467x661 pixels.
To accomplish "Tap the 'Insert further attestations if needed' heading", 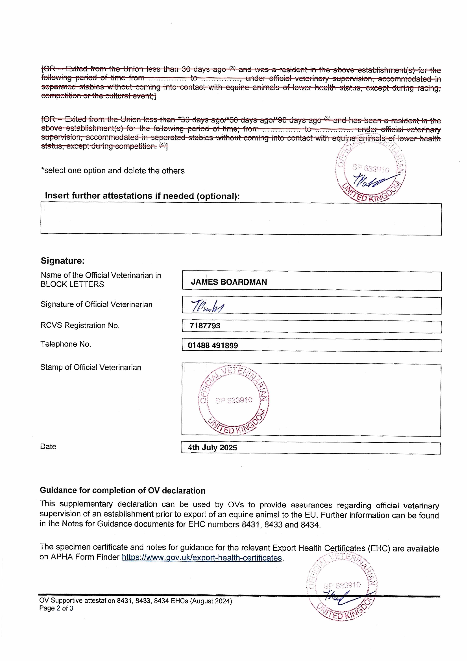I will (x=142, y=196).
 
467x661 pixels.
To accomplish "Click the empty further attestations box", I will (x=241, y=219).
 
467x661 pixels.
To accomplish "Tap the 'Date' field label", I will (x=48, y=447).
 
